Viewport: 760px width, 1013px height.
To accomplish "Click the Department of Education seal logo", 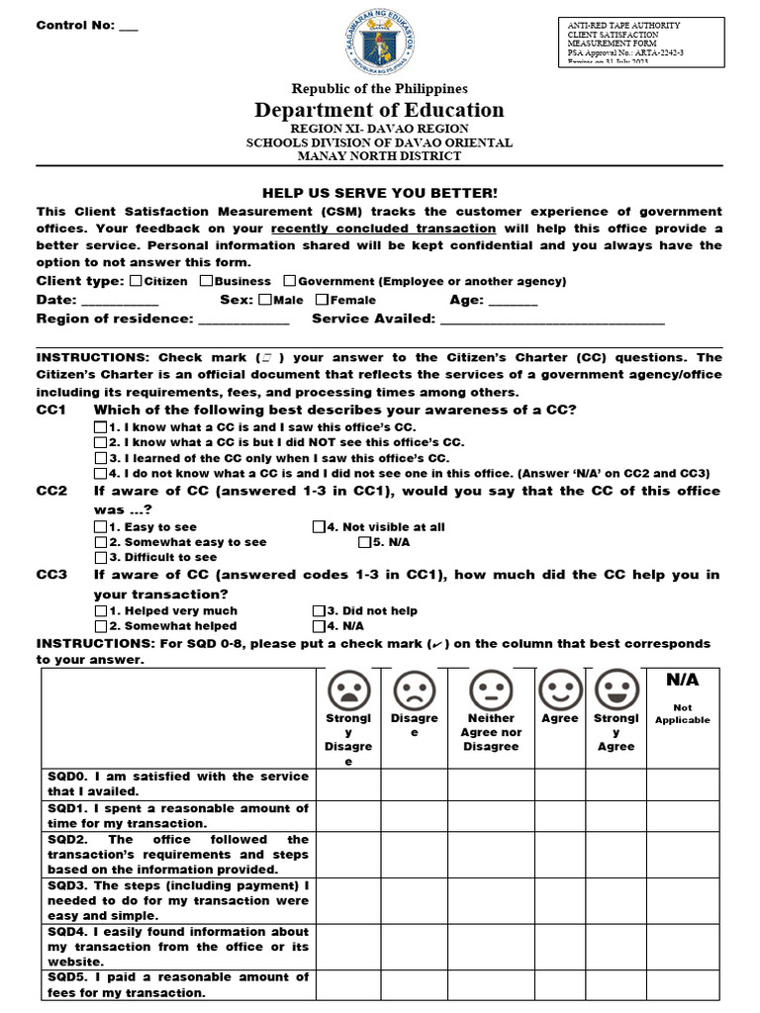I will [379, 41].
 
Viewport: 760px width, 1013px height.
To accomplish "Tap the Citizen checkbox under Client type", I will [136, 281].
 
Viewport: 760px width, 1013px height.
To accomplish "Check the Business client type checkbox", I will [206, 281].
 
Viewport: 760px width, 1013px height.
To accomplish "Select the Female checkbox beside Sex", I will [322, 300].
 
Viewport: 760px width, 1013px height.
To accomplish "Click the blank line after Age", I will [513, 302].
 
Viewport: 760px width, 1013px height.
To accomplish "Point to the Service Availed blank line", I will [552, 321].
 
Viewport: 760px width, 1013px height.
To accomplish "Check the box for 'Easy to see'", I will [101, 527].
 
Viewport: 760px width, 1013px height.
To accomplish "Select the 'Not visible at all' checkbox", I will [319, 527].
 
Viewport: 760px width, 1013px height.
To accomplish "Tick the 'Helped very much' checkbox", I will [101, 611].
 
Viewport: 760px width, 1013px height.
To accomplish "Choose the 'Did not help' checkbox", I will [319, 611].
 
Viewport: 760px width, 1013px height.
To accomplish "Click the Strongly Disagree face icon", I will [348, 690].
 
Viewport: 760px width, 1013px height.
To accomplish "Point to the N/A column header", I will [683, 681].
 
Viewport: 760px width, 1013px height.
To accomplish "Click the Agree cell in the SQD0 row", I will [559, 784].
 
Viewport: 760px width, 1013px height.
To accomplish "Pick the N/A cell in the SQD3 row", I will [683, 900].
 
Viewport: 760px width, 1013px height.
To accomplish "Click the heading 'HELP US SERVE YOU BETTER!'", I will [380, 193].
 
